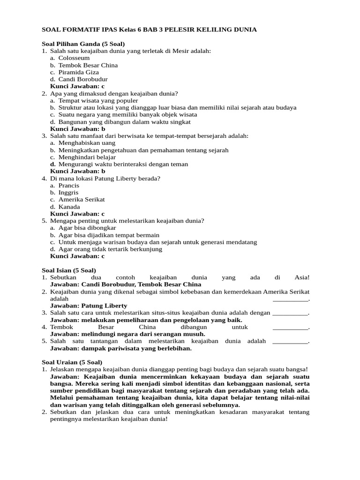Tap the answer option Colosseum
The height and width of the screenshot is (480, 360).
point(74,58)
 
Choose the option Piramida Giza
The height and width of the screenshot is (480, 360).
point(79,72)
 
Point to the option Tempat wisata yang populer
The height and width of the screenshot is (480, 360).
point(98,100)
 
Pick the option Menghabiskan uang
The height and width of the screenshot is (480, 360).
point(87,143)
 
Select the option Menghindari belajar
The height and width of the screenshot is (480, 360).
point(87,157)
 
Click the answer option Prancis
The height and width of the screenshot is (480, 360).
point(69,185)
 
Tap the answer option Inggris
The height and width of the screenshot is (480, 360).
point(68,193)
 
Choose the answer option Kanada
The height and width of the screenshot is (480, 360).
point(69,207)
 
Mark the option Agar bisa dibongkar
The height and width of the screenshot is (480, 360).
point(87,228)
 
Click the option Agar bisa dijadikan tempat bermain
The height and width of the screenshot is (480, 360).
point(109,235)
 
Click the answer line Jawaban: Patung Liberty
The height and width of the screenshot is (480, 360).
point(89,306)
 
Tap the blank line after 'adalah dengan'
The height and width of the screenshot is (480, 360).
point(291,313)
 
